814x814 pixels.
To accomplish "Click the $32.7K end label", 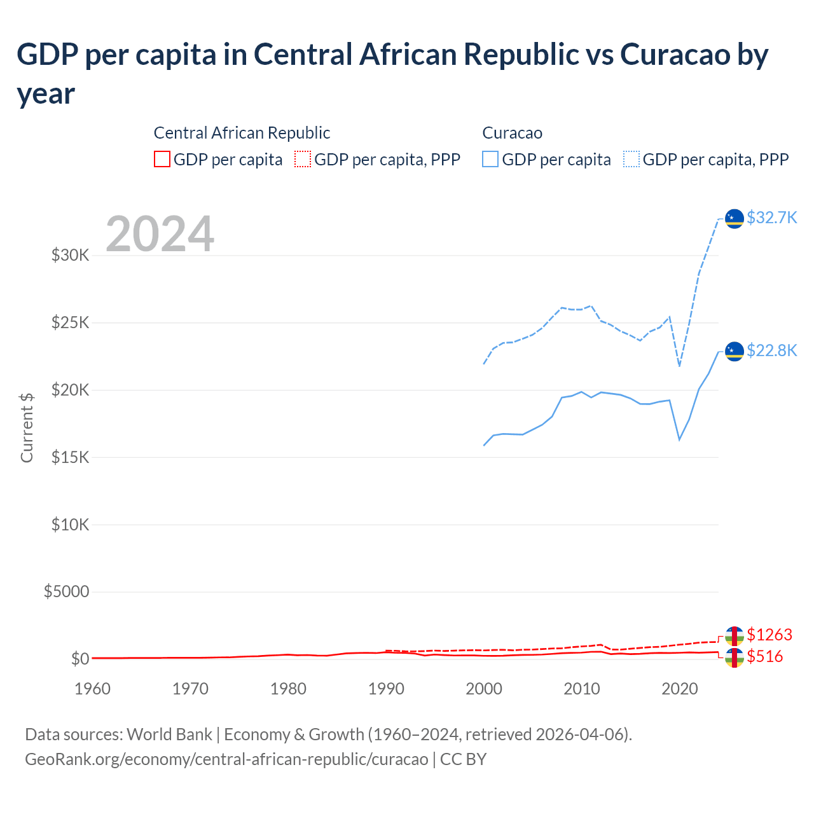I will (x=771, y=218).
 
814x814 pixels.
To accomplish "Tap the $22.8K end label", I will (x=771, y=351).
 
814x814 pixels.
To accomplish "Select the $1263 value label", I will (x=769, y=635).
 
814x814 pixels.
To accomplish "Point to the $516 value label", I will (x=764, y=657).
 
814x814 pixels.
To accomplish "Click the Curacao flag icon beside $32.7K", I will (x=735, y=219).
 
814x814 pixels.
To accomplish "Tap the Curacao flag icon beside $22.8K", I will (x=735, y=352).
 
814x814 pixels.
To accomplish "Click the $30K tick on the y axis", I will (x=70, y=256).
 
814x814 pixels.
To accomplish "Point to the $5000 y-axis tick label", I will (x=66, y=592).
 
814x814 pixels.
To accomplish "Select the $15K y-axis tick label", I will (x=70, y=457).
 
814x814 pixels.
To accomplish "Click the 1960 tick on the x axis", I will (x=92, y=689).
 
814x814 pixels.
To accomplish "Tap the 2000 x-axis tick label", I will (x=484, y=689).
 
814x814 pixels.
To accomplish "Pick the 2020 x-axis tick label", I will (x=679, y=689).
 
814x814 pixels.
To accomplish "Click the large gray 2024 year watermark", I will (x=160, y=234).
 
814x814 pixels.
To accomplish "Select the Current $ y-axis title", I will (x=27, y=427).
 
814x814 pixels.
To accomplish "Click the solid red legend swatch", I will (x=162, y=159).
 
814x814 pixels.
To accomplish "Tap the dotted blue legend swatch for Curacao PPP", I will (x=631, y=159).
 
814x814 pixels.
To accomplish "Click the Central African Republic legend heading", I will (x=242, y=133).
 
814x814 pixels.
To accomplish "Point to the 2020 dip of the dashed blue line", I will (x=679, y=366).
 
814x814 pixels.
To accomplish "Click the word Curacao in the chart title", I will (x=675, y=55).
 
